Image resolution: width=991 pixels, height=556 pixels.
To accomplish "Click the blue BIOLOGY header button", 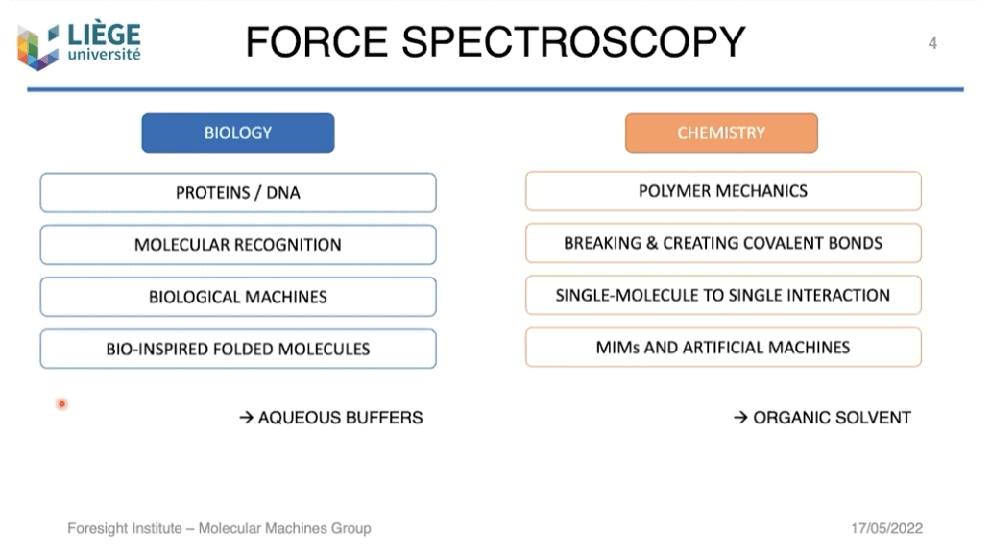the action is click(x=237, y=133).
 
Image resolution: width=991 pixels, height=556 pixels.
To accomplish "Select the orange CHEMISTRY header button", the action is click(x=721, y=133).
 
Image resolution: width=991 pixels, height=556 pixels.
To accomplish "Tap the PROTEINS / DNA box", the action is click(x=237, y=193).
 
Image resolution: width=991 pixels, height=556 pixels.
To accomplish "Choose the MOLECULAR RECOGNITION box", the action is click(x=237, y=245).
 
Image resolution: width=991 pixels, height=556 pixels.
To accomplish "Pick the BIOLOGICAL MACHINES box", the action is click(x=237, y=297).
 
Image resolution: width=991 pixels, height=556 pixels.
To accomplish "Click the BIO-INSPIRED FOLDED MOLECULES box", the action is click(x=237, y=349).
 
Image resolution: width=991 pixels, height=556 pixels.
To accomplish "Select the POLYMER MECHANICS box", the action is click(x=723, y=191).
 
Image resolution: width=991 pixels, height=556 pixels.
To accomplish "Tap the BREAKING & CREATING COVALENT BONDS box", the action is click(x=723, y=243).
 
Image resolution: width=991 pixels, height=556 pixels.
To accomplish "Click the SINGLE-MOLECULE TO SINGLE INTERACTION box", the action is click(x=723, y=295).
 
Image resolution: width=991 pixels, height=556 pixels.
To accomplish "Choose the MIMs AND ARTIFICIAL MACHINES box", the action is click(x=723, y=348).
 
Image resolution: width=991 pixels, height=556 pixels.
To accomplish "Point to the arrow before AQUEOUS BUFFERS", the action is click(x=247, y=417).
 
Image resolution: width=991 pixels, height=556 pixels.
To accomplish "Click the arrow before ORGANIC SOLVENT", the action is click(x=740, y=417).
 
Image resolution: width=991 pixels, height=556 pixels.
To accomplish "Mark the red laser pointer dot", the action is click(x=61, y=403).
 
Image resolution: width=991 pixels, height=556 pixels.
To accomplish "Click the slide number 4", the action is click(x=932, y=43).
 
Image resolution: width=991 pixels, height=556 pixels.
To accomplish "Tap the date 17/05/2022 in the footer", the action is click(x=886, y=528).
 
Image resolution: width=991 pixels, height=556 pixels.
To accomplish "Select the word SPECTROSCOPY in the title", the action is click(x=573, y=42).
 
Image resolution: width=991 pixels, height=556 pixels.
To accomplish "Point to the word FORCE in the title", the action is click(x=316, y=42).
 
